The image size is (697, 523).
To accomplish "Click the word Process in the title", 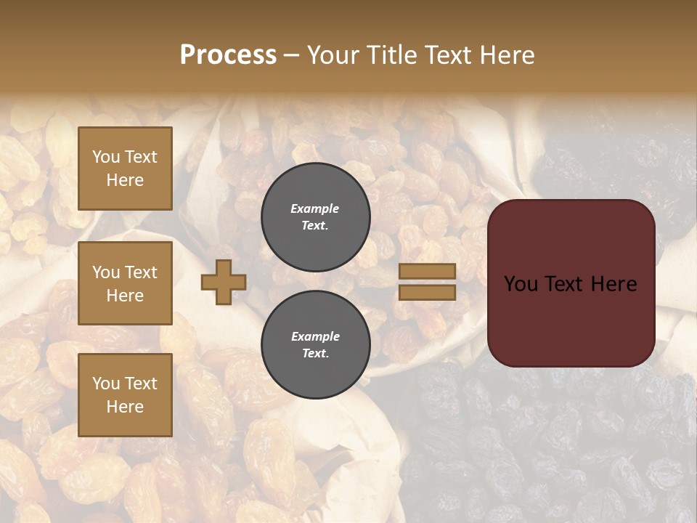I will click(228, 55).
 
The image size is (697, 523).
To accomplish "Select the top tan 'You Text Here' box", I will click(125, 169).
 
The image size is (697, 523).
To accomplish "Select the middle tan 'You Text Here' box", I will click(125, 283).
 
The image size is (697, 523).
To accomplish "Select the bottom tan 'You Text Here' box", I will click(125, 394).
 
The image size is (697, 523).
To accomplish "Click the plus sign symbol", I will click(224, 282).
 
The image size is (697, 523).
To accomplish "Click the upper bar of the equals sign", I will click(427, 272).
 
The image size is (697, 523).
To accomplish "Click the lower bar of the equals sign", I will click(427, 292).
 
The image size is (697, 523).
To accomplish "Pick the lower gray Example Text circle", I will click(315, 344).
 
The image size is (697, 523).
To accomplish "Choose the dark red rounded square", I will click(571, 283).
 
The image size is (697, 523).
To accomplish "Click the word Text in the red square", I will click(569, 284).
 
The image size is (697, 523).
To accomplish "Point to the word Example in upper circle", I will click(314, 208).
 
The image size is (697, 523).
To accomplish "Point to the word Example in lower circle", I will click(315, 336).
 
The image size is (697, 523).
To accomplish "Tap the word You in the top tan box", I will click(106, 157).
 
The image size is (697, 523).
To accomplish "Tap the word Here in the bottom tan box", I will click(125, 407).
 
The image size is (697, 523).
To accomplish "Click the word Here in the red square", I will click(614, 284).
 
